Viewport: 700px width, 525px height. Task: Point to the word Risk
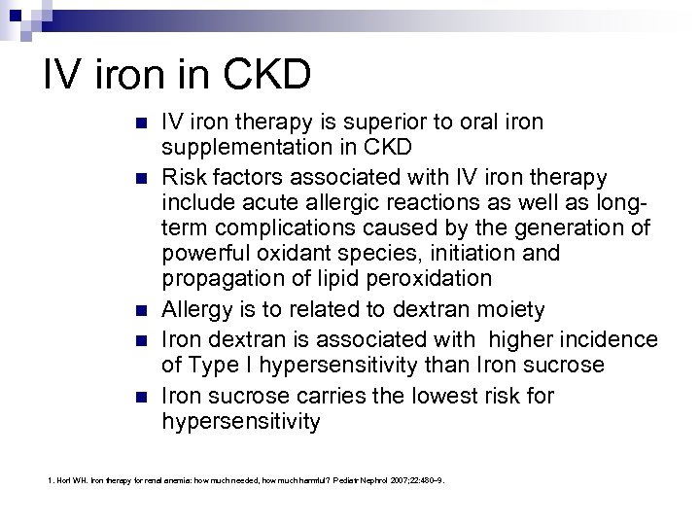coord(184,177)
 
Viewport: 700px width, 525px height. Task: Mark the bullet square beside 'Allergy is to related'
coord(142,310)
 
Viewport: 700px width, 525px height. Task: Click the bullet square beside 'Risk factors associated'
coord(142,178)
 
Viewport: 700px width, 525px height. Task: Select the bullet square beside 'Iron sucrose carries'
coord(142,396)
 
